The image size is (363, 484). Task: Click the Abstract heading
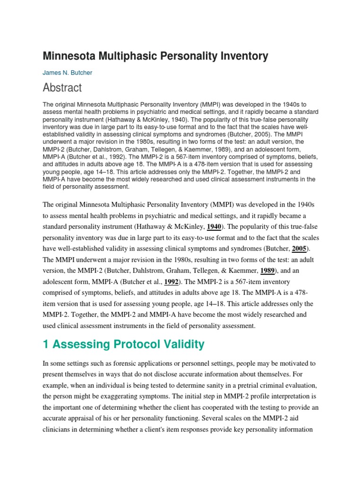click(62, 88)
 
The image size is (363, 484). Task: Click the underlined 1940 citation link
click(214, 226)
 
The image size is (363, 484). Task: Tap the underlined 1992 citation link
click(172, 282)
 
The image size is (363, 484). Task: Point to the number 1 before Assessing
click(46, 345)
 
